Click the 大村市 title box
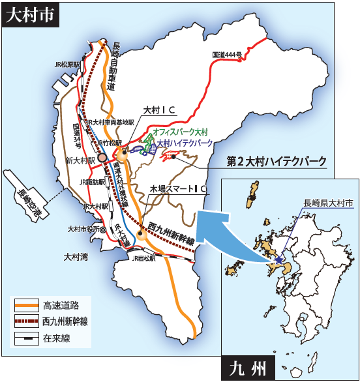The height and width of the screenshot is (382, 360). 31,16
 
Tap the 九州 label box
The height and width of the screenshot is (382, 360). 248,368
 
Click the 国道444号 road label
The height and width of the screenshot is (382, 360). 228,55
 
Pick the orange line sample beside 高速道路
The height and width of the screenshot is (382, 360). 27,304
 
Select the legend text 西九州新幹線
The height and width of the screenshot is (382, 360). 68,321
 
